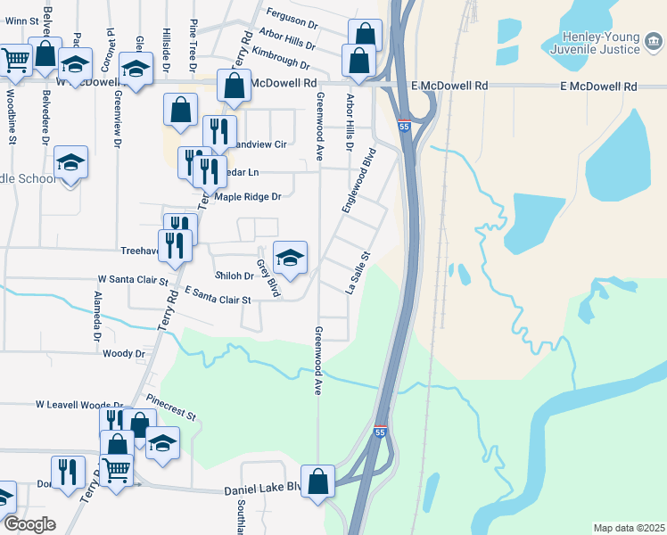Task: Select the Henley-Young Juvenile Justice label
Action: pos(614,43)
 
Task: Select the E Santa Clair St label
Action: pos(217,296)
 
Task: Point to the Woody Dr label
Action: pos(123,354)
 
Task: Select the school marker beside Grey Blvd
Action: pos(290,259)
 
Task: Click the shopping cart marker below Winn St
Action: pos(16,60)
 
